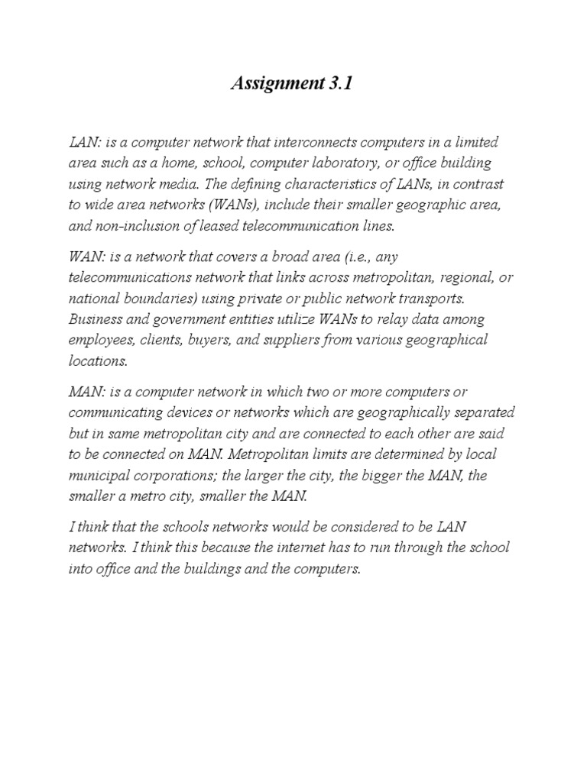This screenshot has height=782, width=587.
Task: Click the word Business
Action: pos(96,318)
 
